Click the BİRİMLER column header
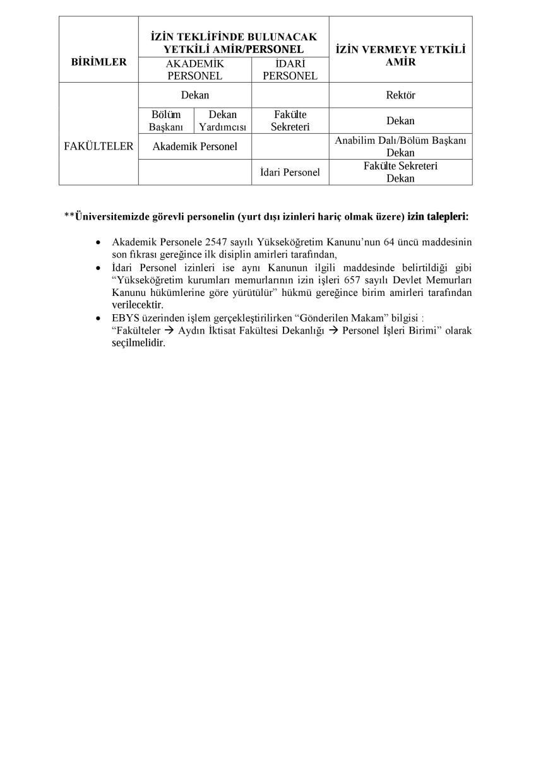[98, 62]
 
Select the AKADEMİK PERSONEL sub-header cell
[194, 69]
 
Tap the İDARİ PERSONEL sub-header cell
[290, 69]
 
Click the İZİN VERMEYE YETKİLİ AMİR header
[400, 56]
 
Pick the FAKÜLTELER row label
[98, 146]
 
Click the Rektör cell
[400, 95]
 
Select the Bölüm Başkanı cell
[165, 120]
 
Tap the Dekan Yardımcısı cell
[222, 120]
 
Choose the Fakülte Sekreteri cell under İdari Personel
[290, 120]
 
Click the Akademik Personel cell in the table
[194, 146]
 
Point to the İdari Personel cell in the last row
[290, 172]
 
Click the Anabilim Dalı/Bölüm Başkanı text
[400, 141]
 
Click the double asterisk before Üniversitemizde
[69, 216]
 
